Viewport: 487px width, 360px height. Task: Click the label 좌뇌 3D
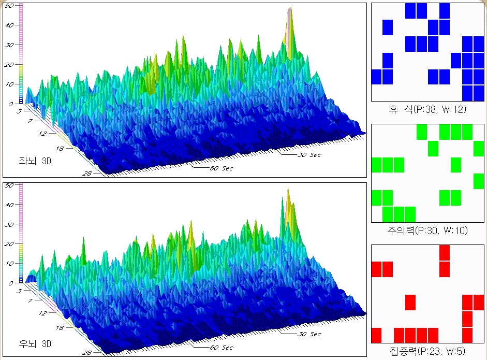click(x=35, y=161)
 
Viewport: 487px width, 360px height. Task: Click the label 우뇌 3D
click(x=35, y=343)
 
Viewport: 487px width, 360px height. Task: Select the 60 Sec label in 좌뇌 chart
click(x=222, y=168)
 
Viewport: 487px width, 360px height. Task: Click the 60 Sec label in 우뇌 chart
click(x=222, y=348)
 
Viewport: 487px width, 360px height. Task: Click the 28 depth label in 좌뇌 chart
click(x=87, y=174)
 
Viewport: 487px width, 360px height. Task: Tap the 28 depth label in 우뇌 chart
click(x=87, y=353)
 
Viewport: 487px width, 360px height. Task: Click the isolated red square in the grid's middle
click(x=410, y=302)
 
